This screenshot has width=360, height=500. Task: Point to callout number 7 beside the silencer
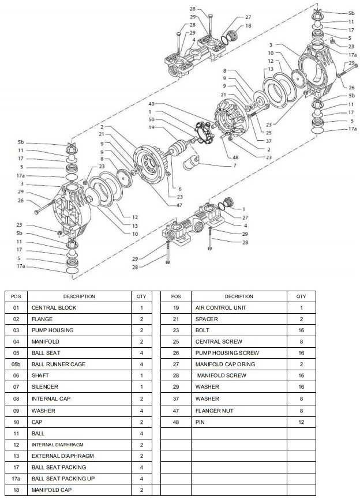[x=234, y=166]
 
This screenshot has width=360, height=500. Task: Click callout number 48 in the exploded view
[x=235, y=157]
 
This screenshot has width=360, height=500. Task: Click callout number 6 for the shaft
[x=179, y=189]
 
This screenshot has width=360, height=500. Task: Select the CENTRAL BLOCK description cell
[x=53, y=308]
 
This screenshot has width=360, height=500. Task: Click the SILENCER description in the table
[x=44, y=387]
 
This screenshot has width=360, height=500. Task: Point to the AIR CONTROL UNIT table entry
[x=220, y=308]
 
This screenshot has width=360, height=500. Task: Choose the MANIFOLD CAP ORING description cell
[x=225, y=364]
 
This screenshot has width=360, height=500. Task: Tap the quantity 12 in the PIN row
[x=301, y=422]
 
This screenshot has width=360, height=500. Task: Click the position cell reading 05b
[x=16, y=364]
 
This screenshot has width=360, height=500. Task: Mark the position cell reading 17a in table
[x=16, y=479]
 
